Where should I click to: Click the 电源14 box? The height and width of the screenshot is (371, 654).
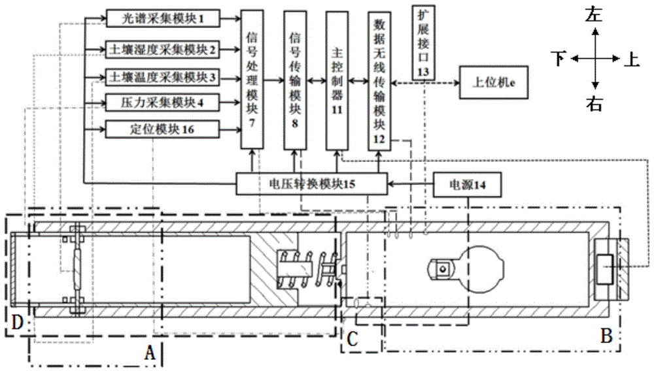[468, 184]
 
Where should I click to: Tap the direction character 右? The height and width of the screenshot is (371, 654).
[594, 105]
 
